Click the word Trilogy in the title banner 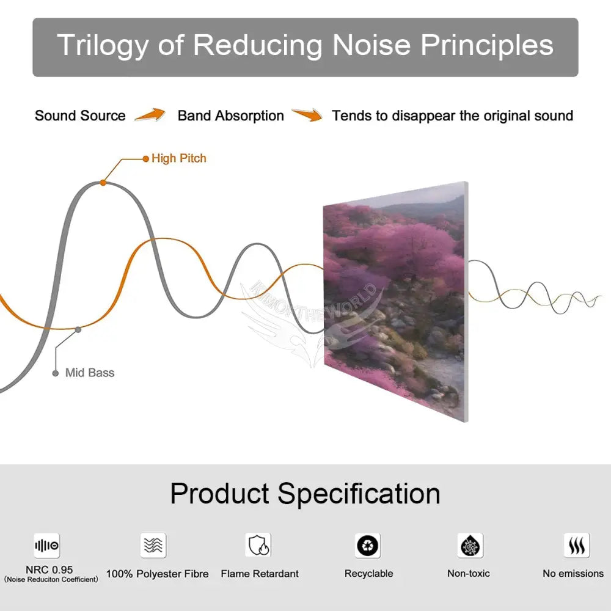pyautogui.click(x=103, y=45)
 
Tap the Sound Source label pyautogui.click(x=80, y=115)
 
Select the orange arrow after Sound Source pyautogui.click(x=150, y=115)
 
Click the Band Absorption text pyautogui.click(x=231, y=115)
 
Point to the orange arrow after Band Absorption pyautogui.click(x=307, y=115)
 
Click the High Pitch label pyautogui.click(x=179, y=158)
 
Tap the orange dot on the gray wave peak pyautogui.click(x=103, y=182)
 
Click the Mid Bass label pyautogui.click(x=90, y=373)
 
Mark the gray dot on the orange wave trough pyautogui.click(x=78, y=330)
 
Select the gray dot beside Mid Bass pyautogui.click(x=56, y=373)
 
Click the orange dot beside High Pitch pyautogui.click(x=146, y=159)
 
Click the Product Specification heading pyautogui.click(x=305, y=494)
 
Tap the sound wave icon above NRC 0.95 pyautogui.click(x=47, y=546)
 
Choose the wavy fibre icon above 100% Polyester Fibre pyautogui.click(x=153, y=545)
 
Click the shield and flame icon pyautogui.click(x=258, y=545)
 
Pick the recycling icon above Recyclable pyautogui.click(x=367, y=545)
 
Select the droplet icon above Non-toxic pyautogui.click(x=470, y=546)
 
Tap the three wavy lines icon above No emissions pyautogui.click(x=577, y=546)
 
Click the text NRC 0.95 pyautogui.click(x=49, y=569)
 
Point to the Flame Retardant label pyautogui.click(x=260, y=574)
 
